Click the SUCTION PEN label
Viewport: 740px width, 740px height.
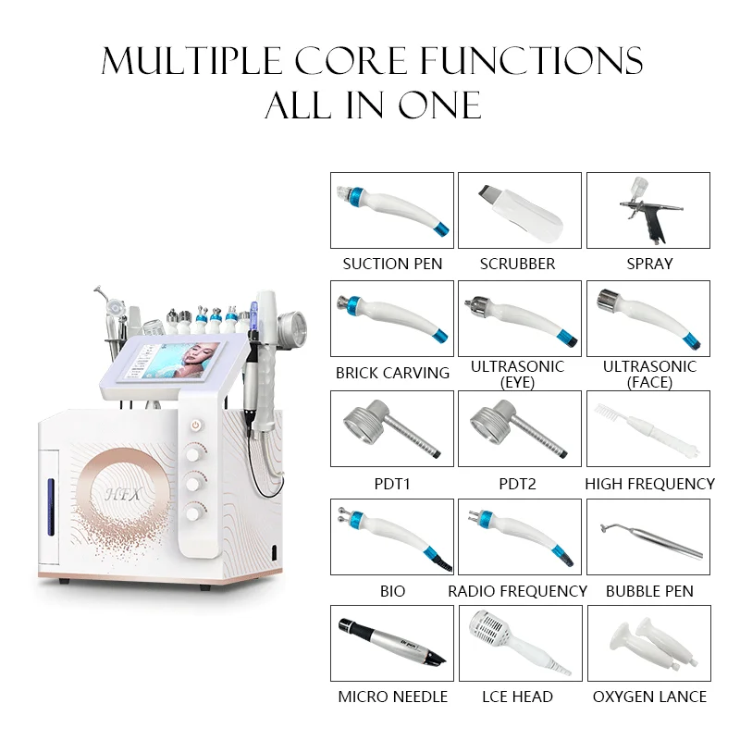[x=392, y=264]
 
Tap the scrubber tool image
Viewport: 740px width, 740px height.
[x=519, y=210]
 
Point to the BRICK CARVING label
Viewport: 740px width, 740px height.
[x=392, y=373]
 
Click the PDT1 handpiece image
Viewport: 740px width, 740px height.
[x=391, y=428]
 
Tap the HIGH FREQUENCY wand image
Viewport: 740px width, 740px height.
[x=647, y=428]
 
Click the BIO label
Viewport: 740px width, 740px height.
[x=392, y=590]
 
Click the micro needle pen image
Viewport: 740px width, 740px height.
[x=391, y=643]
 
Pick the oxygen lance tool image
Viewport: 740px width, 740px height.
[x=647, y=643]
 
